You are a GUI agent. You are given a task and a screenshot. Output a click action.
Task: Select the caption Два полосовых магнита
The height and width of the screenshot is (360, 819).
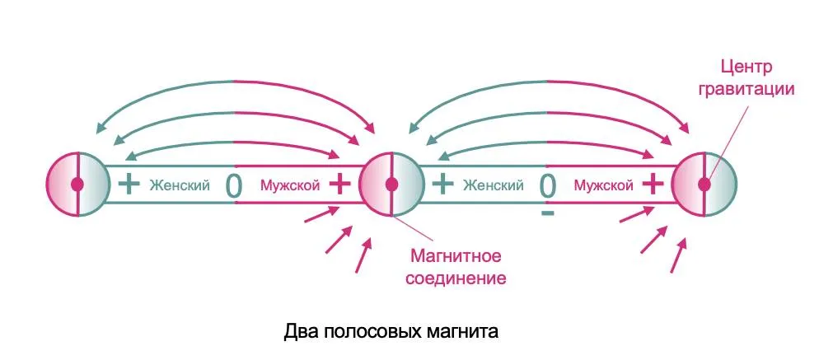[x=391, y=333]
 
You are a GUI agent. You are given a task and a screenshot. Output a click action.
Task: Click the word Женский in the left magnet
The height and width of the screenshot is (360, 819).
[x=180, y=185]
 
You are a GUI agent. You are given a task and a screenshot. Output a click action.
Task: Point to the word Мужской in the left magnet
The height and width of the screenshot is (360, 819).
[x=289, y=185]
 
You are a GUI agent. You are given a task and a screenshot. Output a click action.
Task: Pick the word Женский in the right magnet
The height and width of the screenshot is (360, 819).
[x=493, y=185]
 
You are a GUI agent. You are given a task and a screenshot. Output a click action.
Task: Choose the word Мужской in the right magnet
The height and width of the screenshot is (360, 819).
[x=603, y=185]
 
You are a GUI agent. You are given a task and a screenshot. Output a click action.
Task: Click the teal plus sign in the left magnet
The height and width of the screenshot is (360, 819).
[x=129, y=184]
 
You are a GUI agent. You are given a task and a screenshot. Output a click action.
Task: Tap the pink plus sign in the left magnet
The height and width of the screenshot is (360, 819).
[x=339, y=184]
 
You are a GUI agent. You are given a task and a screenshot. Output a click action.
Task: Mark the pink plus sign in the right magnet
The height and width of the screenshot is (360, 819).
[x=652, y=184]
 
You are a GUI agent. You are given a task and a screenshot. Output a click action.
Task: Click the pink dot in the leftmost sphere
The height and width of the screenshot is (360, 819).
[x=77, y=185]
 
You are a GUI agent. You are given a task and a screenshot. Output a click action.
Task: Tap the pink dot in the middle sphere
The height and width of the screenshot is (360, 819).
[x=392, y=185]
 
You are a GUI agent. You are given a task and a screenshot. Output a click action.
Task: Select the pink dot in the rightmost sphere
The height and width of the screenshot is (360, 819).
[x=704, y=185]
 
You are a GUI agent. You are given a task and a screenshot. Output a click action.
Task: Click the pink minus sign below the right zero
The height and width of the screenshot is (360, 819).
[x=548, y=214]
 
